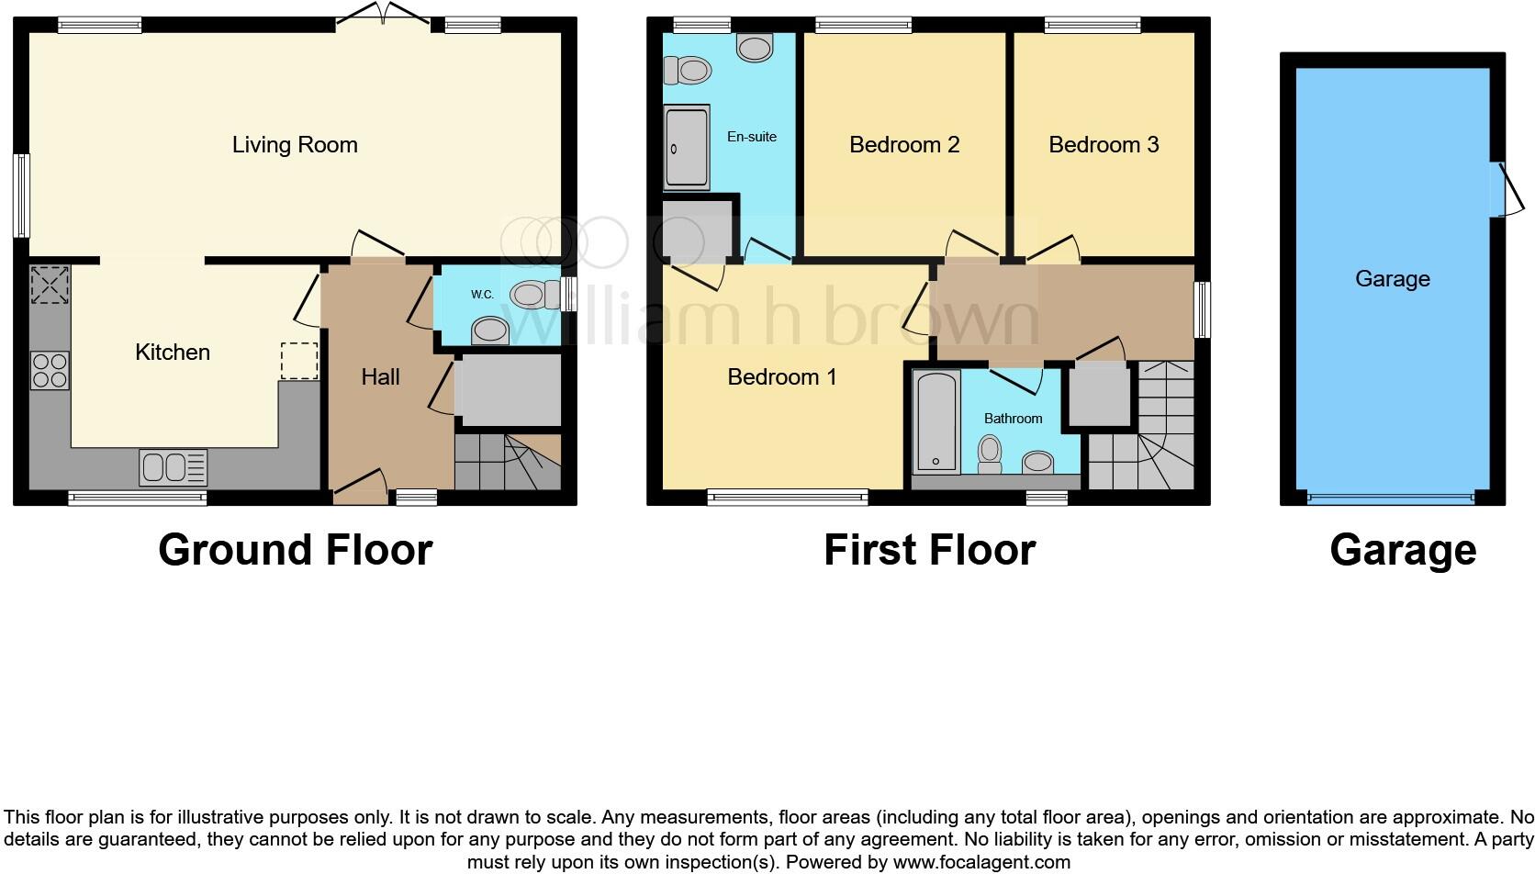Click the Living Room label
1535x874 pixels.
(294, 144)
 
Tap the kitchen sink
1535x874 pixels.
(173, 466)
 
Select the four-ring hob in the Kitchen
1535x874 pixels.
(50, 370)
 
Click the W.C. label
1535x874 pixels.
(482, 295)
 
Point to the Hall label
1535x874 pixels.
(380, 376)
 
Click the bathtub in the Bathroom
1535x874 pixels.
(936, 421)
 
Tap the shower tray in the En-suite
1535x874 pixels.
(687, 148)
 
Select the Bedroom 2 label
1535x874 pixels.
(904, 144)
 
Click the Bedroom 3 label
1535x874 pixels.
(1104, 144)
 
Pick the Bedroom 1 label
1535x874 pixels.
(781, 376)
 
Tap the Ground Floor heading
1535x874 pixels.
(295, 550)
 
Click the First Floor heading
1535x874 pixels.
(929, 550)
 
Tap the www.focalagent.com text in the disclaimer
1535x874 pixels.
(980, 862)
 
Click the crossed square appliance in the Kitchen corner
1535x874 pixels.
(50, 285)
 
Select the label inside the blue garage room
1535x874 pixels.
(1392, 278)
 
